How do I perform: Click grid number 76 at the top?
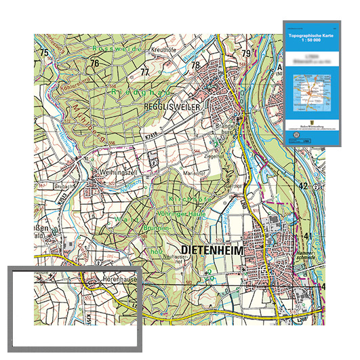[94, 63]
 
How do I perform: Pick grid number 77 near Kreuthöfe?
[144, 71]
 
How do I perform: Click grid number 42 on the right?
[303, 186]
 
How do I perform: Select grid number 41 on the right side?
[308, 235]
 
